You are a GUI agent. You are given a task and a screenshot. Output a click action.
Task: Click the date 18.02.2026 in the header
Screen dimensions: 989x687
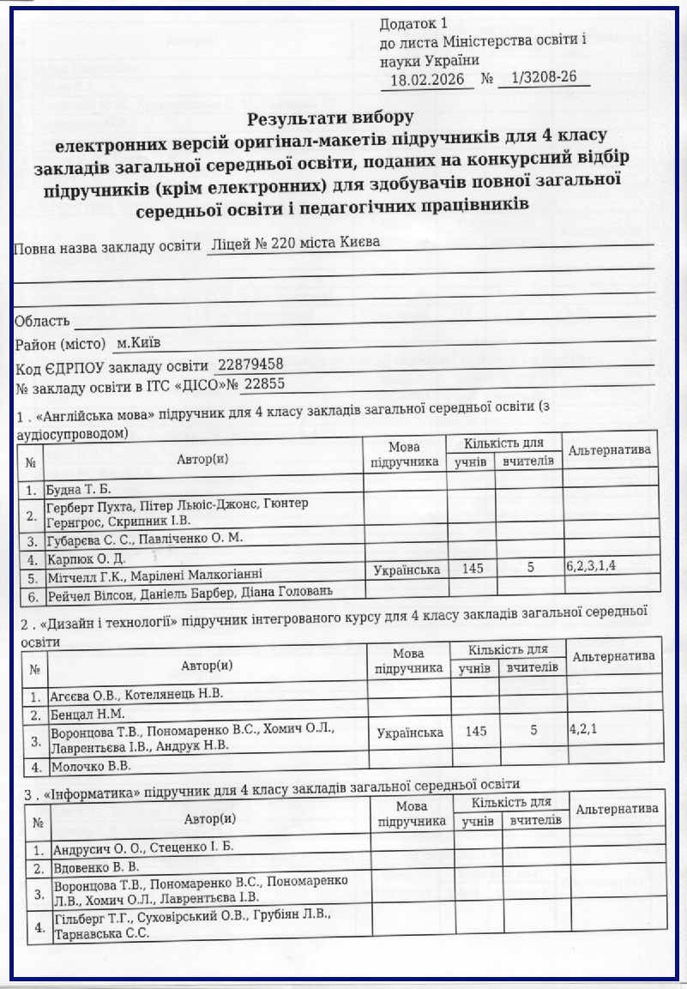pos(426,80)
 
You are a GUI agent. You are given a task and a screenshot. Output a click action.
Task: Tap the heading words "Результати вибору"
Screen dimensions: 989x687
pos(331,116)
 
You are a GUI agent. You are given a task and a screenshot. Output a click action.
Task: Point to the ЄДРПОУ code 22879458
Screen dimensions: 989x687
pos(250,364)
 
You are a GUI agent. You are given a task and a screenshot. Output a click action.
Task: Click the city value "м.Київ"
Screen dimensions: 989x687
pos(138,343)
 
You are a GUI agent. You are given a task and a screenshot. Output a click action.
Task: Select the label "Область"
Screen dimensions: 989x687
pos(41,321)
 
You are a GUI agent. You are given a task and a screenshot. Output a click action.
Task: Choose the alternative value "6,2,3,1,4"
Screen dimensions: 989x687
pos(592,567)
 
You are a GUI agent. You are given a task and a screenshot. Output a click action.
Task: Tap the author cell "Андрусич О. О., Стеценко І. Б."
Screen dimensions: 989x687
pos(143,848)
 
